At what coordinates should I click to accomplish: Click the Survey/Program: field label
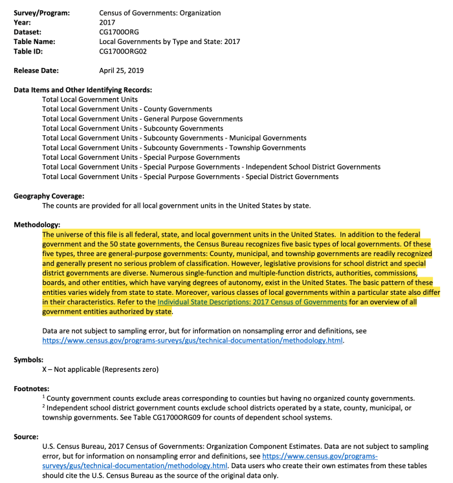coord(42,13)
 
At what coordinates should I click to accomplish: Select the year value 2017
coord(107,22)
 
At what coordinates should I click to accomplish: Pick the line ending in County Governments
coord(127,109)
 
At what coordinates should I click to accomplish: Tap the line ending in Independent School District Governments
coord(211,167)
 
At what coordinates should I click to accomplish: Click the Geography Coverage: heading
coord(49,196)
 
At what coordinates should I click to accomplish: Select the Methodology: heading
coord(38,224)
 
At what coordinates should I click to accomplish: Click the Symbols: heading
coord(28,360)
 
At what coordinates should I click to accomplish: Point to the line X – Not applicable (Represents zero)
coord(100,369)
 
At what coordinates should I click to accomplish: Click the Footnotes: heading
coord(32,389)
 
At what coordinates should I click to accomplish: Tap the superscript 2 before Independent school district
coord(44,407)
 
